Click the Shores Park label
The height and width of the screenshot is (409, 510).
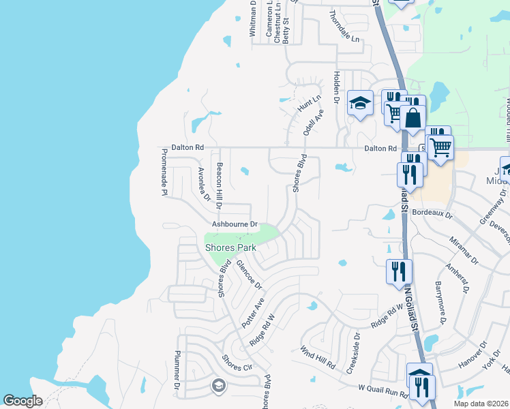click(230, 247)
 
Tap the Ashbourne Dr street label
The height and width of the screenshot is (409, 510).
click(235, 224)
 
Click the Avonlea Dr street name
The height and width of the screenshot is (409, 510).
click(202, 184)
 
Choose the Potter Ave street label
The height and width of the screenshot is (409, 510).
click(253, 309)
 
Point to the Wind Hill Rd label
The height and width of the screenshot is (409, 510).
click(318, 357)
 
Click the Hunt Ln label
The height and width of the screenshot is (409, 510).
click(308, 104)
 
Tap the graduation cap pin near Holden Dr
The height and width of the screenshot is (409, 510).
click(360, 104)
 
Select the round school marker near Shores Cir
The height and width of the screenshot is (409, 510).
click(218, 386)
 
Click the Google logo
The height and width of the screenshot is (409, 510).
click(23, 401)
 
